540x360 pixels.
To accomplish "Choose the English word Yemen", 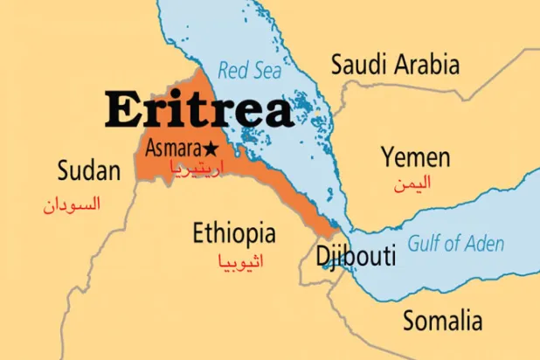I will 415,158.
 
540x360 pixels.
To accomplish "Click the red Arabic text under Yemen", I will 412,183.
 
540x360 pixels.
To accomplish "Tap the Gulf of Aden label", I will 457,244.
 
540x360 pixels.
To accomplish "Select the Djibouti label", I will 356,256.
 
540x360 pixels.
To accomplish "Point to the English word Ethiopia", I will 234,233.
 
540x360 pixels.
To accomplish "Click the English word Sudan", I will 88,170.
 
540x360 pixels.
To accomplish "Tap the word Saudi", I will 354,64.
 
